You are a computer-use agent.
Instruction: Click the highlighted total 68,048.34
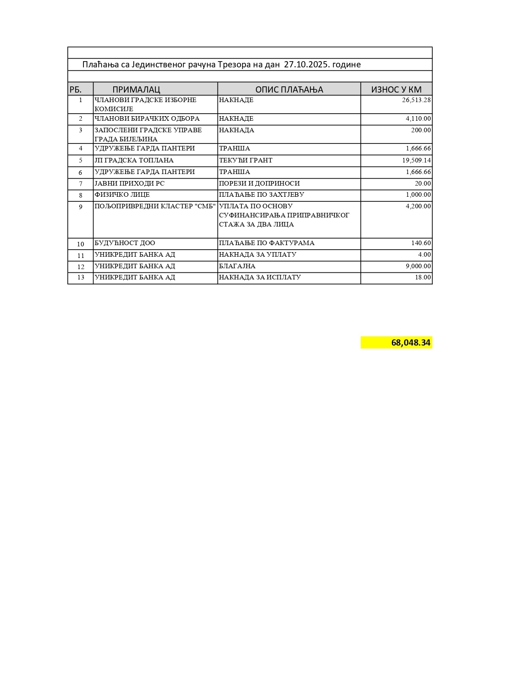[410, 343]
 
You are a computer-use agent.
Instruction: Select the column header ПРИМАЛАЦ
[136, 89]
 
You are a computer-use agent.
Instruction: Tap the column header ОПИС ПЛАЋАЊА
[289, 89]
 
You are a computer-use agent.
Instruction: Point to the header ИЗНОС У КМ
[396, 89]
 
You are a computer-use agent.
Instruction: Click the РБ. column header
[76, 89]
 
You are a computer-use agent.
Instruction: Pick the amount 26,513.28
[416, 100]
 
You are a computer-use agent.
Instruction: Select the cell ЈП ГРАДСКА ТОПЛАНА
[134, 160]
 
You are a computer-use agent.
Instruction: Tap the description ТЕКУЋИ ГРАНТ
[246, 160]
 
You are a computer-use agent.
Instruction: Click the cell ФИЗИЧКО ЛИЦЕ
[122, 195]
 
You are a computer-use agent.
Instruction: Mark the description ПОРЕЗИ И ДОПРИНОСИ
[259, 184]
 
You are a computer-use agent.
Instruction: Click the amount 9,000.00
[418, 266]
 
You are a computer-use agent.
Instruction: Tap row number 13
[81, 278]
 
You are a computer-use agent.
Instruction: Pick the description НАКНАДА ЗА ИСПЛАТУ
[260, 277]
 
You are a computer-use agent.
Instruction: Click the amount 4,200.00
[418, 206]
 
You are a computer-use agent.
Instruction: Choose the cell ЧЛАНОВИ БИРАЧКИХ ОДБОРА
[147, 119]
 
